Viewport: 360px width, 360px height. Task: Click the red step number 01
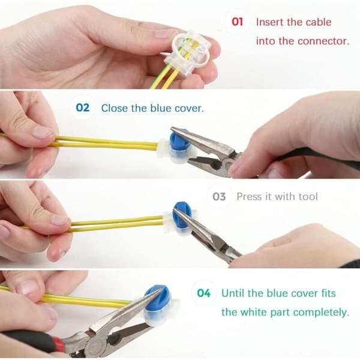point(237,22)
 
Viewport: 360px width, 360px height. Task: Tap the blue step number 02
point(82,107)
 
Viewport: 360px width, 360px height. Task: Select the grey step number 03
point(219,197)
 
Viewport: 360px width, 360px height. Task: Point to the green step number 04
point(203,293)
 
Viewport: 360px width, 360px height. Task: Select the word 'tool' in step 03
point(308,197)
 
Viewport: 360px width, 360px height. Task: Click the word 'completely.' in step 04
point(321,313)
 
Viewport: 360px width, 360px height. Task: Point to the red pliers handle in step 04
point(58,345)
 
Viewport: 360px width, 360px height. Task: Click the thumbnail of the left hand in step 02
point(42,133)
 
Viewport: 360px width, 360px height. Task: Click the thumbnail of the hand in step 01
point(163,34)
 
